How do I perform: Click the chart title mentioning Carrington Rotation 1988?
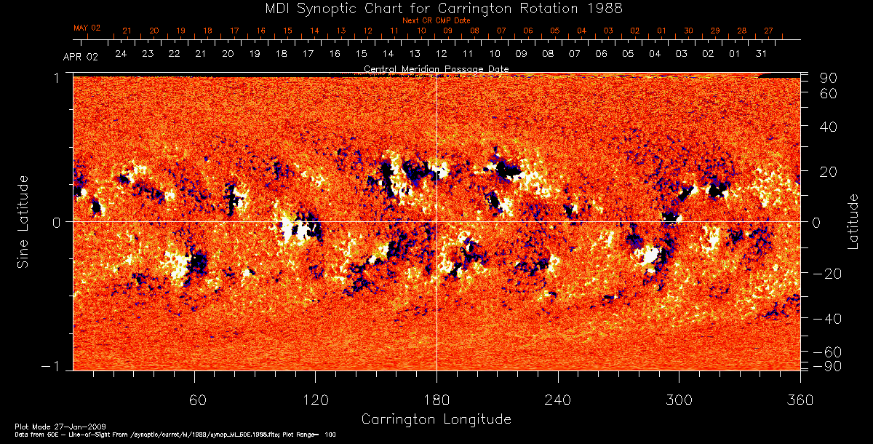(x=436, y=8)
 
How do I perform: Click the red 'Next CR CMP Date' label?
(x=436, y=20)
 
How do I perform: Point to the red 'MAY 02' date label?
(x=87, y=28)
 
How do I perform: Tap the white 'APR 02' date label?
(x=80, y=57)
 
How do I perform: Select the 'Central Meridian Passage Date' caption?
(x=436, y=69)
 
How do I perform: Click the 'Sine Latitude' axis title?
(x=23, y=222)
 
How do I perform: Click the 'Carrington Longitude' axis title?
(x=436, y=419)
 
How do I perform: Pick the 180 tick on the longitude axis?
(x=436, y=400)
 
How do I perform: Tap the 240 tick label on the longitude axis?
(x=558, y=400)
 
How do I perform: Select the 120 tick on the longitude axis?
(x=315, y=400)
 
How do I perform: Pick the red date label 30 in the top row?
(x=688, y=31)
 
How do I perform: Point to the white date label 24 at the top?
(x=121, y=54)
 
